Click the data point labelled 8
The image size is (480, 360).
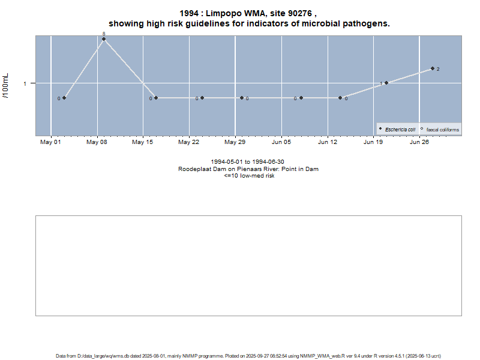pos(104,39)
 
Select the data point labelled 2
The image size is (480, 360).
pos(432,68)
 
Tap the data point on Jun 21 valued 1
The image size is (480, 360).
pos(386,83)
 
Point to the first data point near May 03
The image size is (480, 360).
pos(64,98)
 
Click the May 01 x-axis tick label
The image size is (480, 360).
pos(50,142)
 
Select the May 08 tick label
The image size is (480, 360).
pos(97,142)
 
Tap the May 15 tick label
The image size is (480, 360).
pos(143,142)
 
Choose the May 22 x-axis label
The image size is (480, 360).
pos(189,142)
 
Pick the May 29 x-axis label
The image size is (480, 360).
pos(235,142)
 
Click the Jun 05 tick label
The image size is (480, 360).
pos(281,142)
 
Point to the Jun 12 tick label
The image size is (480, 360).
pos(328,142)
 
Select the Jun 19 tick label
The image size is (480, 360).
pos(373,142)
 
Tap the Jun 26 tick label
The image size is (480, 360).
pos(419,142)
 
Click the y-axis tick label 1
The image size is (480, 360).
pos(25,83)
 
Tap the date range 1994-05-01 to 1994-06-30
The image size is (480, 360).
pos(248,162)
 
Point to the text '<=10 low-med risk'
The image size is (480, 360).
pos(248,176)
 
